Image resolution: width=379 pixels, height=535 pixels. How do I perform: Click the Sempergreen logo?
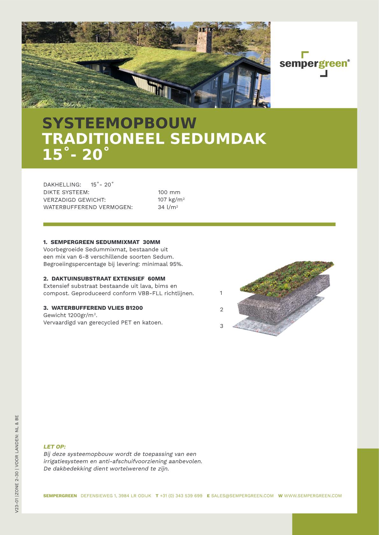coord(314,64)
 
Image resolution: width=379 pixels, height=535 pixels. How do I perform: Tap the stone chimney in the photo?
coord(204,40)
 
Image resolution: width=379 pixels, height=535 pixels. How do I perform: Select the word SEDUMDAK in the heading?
coord(218,139)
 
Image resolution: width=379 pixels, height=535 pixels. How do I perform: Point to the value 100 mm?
coord(169,192)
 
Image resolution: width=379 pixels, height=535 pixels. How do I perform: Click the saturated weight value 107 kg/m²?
coord(171,200)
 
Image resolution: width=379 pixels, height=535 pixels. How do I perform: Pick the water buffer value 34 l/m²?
coord(168,207)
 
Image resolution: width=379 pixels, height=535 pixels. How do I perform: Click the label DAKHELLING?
coord(62,185)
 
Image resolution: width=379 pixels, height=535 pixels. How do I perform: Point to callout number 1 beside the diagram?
coord(221,293)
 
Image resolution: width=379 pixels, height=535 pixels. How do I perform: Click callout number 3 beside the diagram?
coord(221,326)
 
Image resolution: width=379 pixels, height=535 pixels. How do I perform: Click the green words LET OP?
coord(54,447)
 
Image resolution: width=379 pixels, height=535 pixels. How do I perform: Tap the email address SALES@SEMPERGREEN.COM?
coord(242,496)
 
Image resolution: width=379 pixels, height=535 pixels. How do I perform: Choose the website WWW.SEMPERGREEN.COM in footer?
coord(313,496)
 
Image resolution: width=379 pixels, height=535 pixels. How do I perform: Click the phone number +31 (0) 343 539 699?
coord(181,496)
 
